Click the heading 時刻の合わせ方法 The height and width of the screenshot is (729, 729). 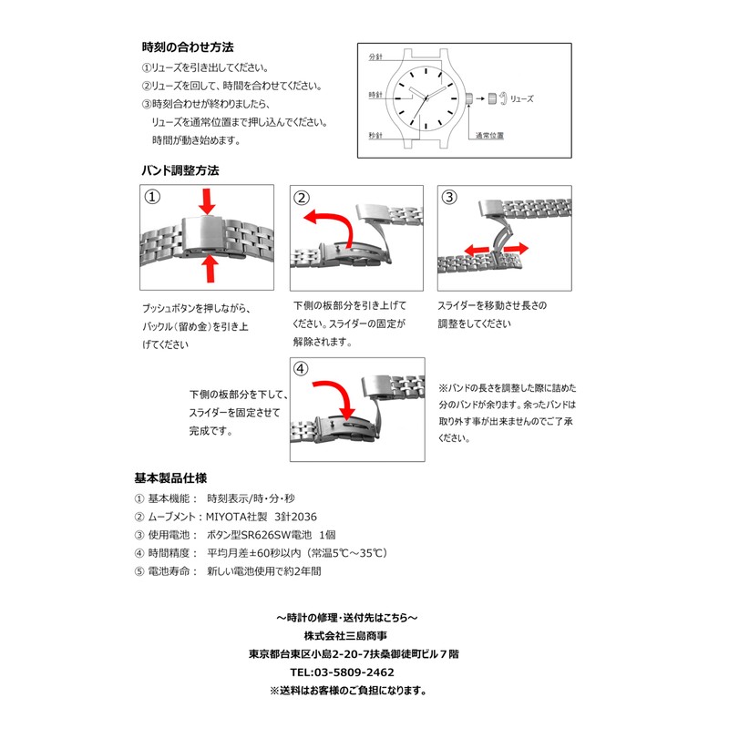point(187,46)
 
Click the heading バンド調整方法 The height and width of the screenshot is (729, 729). point(180,170)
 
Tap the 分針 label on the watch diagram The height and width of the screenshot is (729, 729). point(376,57)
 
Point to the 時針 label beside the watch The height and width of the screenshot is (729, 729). point(375,96)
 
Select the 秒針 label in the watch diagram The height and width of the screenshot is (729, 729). point(375,135)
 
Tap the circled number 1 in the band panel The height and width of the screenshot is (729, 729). point(152,197)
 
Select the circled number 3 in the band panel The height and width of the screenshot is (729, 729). point(449,197)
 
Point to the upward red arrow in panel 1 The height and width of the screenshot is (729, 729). point(210,269)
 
